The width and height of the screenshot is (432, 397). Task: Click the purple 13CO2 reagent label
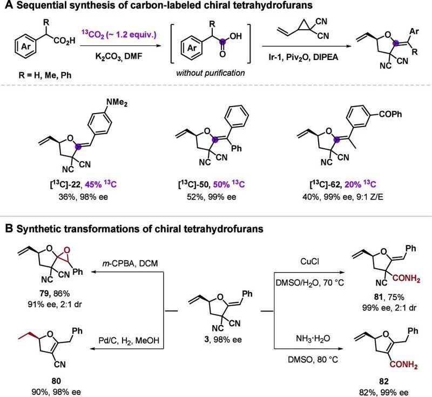coord(119,35)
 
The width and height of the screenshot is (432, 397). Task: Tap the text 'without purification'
coord(211,73)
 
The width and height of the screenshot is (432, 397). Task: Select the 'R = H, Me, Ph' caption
coord(45,75)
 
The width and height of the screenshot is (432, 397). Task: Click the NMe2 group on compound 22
coord(117,102)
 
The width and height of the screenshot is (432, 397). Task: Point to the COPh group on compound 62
coord(390,114)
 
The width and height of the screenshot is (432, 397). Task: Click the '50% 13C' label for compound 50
coord(229,184)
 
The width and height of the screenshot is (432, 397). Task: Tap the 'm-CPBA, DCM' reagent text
coord(130,263)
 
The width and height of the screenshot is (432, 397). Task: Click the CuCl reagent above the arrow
coord(309,261)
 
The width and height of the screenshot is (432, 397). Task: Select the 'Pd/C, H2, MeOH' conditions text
coord(129,340)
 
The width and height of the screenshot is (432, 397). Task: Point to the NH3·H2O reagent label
coord(313,338)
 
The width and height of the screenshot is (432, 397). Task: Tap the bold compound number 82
coord(384,381)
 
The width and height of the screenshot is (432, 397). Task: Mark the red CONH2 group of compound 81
coord(406,279)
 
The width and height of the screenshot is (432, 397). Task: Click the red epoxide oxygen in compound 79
coord(66,250)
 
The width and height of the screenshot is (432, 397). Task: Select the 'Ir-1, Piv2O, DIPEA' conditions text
coord(303,57)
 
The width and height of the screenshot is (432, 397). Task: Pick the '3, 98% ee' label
coord(223,339)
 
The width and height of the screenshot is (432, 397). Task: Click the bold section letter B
coord(9,229)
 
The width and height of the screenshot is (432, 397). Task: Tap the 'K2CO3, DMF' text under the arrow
coord(119,56)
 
